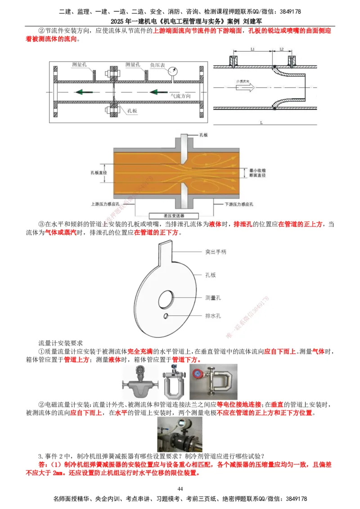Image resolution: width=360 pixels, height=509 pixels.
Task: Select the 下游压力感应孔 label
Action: [x=240, y=204]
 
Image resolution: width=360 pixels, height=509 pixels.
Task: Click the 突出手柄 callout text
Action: [x=216, y=252]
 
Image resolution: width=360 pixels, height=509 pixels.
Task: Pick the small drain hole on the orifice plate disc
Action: [x=166, y=316]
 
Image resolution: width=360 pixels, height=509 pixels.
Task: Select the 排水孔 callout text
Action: [x=213, y=316]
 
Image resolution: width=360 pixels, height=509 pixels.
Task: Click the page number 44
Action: [x=180, y=489]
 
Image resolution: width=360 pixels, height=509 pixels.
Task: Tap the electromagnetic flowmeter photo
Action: [x=180, y=434]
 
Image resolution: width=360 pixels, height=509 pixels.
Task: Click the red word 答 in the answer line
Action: [x=43, y=464]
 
